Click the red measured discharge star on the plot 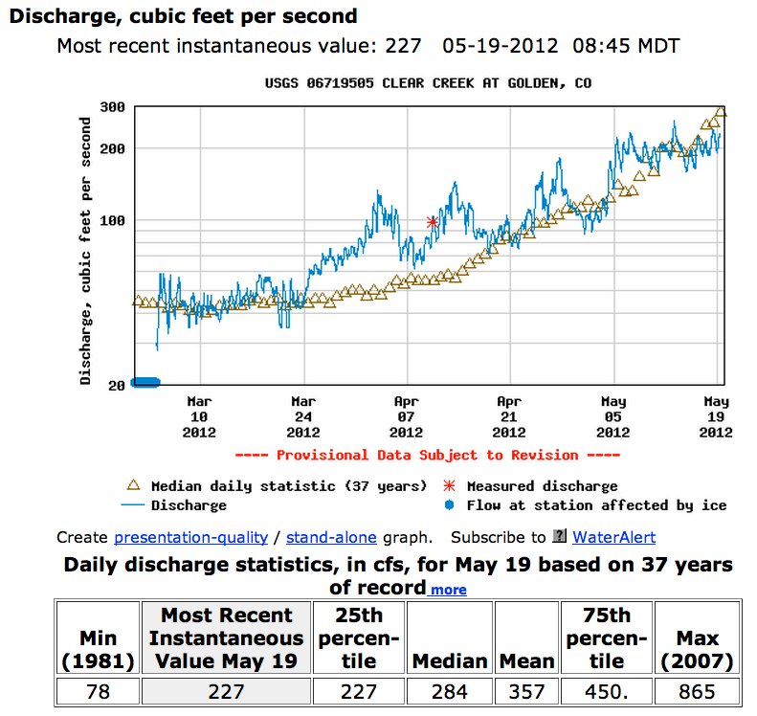click(x=433, y=221)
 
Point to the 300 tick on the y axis click(x=114, y=106)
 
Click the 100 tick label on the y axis click(x=114, y=220)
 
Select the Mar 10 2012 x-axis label click(x=199, y=416)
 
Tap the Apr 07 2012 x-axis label click(x=406, y=416)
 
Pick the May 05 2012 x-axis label click(x=612, y=416)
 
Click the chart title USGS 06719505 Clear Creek click(x=428, y=83)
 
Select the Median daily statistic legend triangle click(x=134, y=486)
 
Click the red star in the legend click(x=450, y=486)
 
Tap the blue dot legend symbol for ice click(x=450, y=505)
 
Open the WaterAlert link click(x=614, y=537)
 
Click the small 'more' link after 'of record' click(x=448, y=590)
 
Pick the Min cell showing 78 click(x=98, y=691)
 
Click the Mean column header click(x=527, y=660)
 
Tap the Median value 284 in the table click(x=450, y=691)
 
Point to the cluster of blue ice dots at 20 click(x=145, y=383)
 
